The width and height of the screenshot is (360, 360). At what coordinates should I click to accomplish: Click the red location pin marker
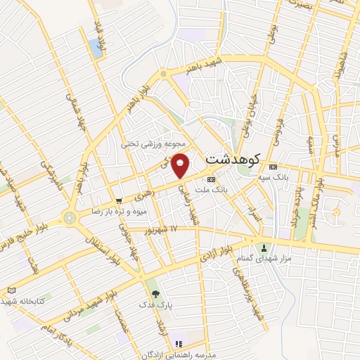pyautogui.click(x=181, y=164)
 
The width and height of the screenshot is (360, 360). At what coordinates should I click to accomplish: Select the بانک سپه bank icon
pyautogui.click(x=273, y=167)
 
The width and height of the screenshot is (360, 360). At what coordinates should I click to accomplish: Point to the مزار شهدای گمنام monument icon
pyautogui.click(x=264, y=247)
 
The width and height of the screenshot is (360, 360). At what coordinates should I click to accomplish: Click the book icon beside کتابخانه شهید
pyautogui.click(x=10, y=290)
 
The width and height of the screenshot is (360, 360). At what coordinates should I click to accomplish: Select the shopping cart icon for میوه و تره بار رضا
pyautogui.click(x=119, y=199)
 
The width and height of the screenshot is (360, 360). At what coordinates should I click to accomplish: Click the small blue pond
pyautogui.click(x=94, y=48)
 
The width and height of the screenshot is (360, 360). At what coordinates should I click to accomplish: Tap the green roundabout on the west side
pyautogui.click(x=69, y=217)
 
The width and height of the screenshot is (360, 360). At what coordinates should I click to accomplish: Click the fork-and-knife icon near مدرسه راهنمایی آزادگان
pyautogui.click(x=179, y=344)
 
